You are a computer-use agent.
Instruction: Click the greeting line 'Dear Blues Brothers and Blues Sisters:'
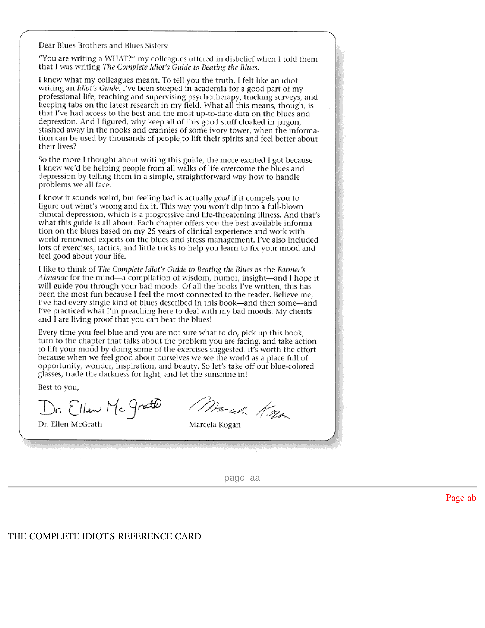click(x=103, y=45)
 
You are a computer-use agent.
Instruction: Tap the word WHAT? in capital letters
click(x=120, y=59)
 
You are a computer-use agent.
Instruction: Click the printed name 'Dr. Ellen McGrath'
click(x=70, y=424)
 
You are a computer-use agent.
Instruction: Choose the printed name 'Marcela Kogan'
click(x=215, y=425)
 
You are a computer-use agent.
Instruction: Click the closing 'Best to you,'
click(x=58, y=387)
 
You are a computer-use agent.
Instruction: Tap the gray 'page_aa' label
click(x=242, y=478)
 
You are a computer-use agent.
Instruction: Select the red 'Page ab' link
click(x=461, y=498)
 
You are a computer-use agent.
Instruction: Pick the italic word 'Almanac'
click(x=53, y=278)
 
